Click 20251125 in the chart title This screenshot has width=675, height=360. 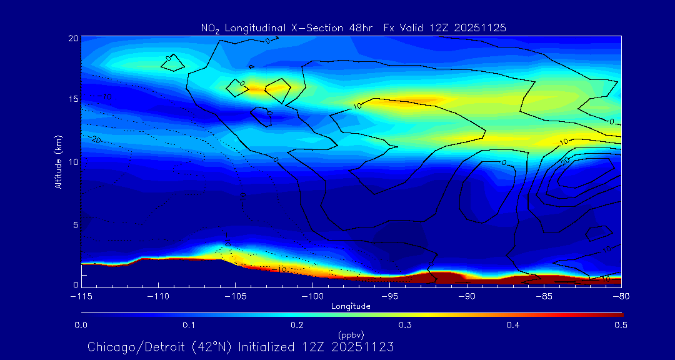pyautogui.click(x=482, y=27)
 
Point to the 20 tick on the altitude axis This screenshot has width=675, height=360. pyautogui.click(x=74, y=38)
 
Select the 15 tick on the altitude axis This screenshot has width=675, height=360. pyautogui.click(x=74, y=99)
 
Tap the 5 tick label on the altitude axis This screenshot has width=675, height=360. pyautogui.click(x=76, y=224)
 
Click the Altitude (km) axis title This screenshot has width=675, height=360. pyautogui.click(x=58, y=162)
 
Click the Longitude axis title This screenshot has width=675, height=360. pyautogui.click(x=351, y=306)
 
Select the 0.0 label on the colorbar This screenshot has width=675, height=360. pyautogui.click(x=81, y=325)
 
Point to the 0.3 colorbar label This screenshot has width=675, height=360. pyautogui.click(x=405, y=325)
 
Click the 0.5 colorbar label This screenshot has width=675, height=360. pyautogui.click(x=621, y=325)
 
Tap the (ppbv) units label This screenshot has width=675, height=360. pyautogui.click(x=351, y=335)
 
